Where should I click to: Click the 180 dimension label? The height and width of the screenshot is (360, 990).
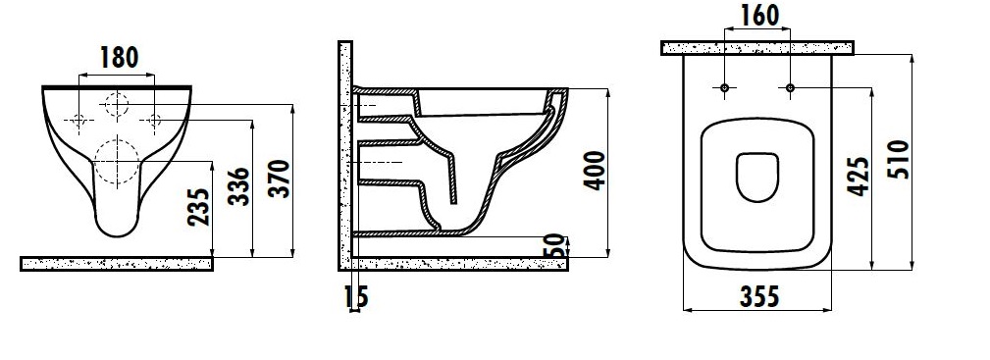click(120, 58)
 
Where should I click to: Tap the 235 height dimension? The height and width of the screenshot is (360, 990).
click(198, 207)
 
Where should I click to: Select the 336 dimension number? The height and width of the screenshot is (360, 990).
click(238, 186)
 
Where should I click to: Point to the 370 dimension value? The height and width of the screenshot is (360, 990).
click(279, 179)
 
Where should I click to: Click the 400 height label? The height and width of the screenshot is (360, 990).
click(595, 171)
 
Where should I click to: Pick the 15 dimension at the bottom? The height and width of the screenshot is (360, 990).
click(357, 297)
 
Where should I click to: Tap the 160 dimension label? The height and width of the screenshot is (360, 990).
click(758, 16)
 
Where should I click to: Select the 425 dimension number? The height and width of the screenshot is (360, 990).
click(859, 177)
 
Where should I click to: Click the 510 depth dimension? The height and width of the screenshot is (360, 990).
click(899, 159)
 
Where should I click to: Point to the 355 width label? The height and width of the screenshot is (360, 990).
click(759, 296)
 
